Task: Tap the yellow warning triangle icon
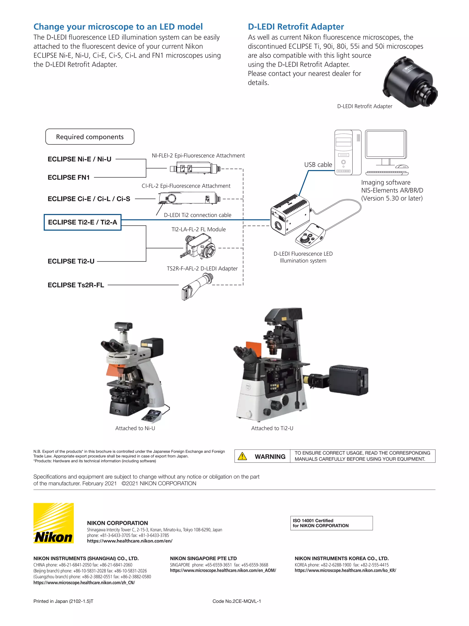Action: coord(242,456)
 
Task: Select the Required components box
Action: coord(90,137)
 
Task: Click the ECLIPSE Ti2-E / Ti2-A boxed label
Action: coord(82,222)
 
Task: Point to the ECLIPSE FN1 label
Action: coord(69,177)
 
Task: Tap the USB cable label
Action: coord(318,165)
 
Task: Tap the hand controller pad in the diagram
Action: coord(310,235)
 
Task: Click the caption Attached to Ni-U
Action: coord(135,428)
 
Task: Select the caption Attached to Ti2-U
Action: coord(272,428)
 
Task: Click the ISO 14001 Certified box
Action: coord(331,523)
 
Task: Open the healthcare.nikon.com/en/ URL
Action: coord(129,541)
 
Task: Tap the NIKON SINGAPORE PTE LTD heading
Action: coord(203,558)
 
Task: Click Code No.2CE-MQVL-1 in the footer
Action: coord(237,601)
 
